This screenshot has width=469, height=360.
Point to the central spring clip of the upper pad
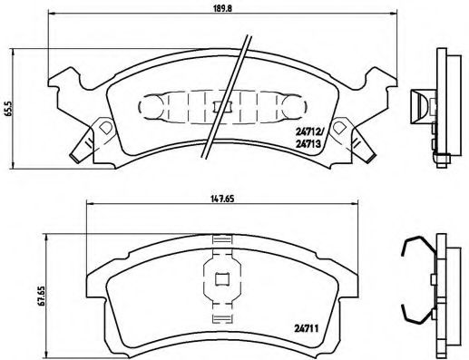click(217, 107)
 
